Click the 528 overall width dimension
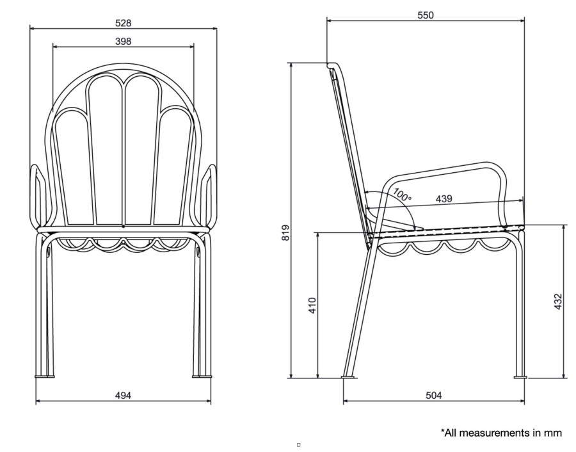[123, 23]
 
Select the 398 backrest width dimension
[123, 42]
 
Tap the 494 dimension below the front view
[123, 396]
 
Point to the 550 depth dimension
[426, 15]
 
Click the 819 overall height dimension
[285, 232]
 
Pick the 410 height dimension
[312, 305]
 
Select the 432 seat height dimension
[557, 302]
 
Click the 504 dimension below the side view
[434, 396]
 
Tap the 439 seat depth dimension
[444, 199]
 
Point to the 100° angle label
[403, 195]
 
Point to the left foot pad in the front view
[44, 376]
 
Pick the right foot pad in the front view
[202, 376]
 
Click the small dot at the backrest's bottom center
[123, 227]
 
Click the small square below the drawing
[298, 445]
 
